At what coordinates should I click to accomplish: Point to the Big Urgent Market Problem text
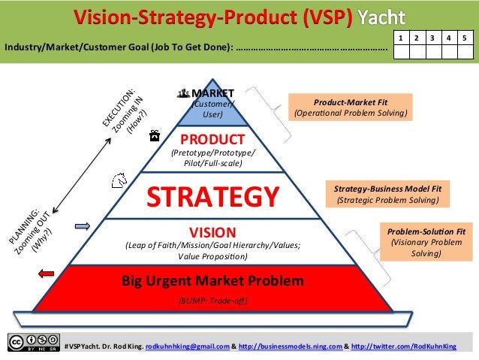coord(213,282)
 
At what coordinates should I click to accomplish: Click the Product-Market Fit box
coord(351,107)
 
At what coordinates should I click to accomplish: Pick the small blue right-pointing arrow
coord(81,225)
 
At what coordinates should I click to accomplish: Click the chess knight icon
coord(118,180)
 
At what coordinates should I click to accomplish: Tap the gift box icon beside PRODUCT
coord(154,136)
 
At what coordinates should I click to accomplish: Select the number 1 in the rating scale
coord(401,36)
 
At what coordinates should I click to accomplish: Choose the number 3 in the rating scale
coord(432,36)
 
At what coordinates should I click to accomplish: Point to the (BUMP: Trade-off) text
coord(212,301)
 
